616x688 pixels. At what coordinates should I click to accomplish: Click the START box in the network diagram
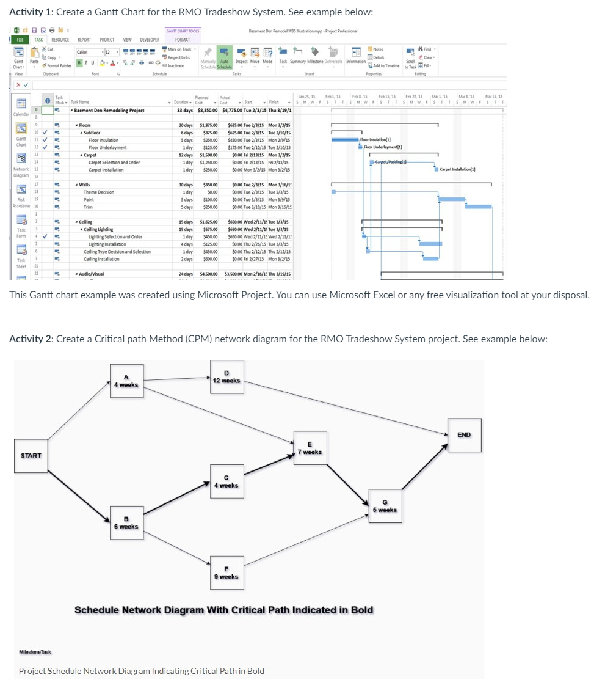click(x=31, y=455)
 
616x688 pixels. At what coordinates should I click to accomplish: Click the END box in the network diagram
click(x=464, y=434)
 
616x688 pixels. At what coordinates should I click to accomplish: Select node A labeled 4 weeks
click(x=126, y=381)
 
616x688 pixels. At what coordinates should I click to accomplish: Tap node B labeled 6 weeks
click(x=127, y=522)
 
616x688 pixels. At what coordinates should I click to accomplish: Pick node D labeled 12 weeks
click(x=226, y=377)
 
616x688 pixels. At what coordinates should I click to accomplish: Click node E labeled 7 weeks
click(x=310, y=448)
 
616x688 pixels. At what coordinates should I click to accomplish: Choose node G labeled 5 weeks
click(x=385, y=506)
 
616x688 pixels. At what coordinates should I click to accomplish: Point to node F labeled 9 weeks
click(x=226, y=573)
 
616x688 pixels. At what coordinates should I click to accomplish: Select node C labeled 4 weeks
click(x=226, y=481)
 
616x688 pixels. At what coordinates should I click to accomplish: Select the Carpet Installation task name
click(x=106, y=170)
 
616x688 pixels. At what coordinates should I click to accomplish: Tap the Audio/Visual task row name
click(x=91, y=274)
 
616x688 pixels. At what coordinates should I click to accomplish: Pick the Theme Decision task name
click(x=99, y=192)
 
